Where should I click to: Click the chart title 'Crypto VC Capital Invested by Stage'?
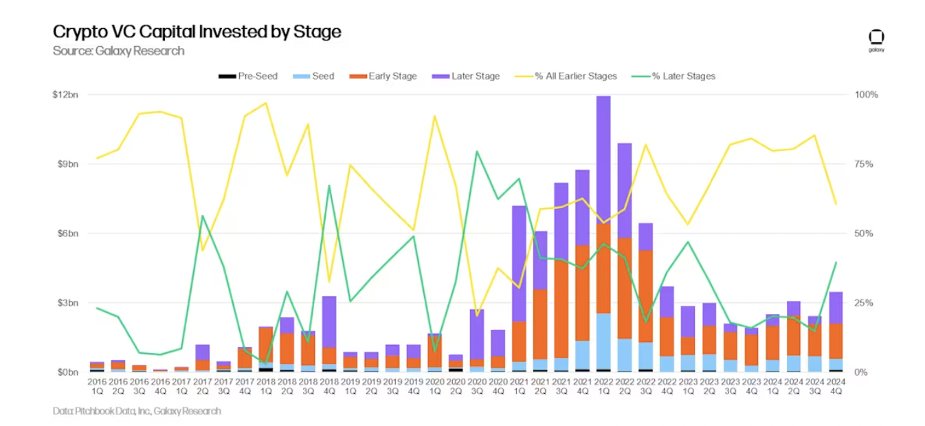pyautogui.click(x=197, y=32)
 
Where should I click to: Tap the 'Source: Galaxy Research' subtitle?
pyautogui.click(x=118, y=51)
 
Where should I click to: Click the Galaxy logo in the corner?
pyautogui.click(x=876, y=40)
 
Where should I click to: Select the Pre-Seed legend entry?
pyautogui.click(x=248, y=76)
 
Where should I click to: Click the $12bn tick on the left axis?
pyautogui.click(x=65, y=94)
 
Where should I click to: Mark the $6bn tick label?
pyautogui.click(x=67, y=234)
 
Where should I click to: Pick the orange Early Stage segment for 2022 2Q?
pyautogui.click(x=624, y=288)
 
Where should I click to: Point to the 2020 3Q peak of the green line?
pyautogui.click(x=477, y=151)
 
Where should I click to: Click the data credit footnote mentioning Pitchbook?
pyautogui.click(x=137, y=411)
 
